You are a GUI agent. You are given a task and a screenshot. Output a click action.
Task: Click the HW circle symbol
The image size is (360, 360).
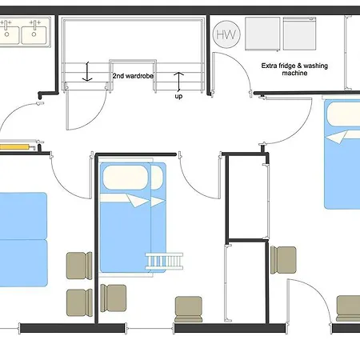226,34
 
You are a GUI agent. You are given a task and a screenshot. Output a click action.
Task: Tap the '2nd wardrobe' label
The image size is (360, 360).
133,76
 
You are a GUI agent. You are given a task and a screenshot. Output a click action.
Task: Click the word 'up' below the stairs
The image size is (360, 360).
178,96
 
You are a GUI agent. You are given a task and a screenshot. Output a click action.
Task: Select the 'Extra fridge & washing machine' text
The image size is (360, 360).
294,70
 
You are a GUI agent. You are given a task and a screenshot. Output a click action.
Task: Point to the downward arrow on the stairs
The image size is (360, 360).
87,71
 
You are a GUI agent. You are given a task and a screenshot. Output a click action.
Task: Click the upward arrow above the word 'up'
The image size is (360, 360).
178,81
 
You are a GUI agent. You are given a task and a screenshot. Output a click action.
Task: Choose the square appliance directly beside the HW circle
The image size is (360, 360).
262,34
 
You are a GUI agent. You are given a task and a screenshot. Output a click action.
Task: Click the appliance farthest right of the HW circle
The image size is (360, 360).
299,34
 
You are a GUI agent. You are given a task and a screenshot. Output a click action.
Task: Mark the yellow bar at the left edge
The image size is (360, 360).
14,146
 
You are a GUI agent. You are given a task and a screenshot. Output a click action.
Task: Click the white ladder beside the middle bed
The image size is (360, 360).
164,261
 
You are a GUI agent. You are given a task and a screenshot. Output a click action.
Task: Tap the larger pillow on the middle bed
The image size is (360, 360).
126,178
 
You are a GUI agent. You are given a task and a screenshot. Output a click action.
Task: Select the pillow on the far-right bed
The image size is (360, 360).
343,114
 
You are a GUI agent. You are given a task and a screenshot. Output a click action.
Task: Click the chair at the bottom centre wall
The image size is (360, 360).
189,310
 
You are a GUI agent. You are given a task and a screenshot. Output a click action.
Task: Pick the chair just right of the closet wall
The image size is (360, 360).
283,260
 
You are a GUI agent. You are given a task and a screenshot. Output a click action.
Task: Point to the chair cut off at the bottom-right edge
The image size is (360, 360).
348,309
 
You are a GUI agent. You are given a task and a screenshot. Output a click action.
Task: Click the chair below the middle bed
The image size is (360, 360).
114,298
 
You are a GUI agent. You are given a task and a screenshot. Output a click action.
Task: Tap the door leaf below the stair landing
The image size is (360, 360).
68,110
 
